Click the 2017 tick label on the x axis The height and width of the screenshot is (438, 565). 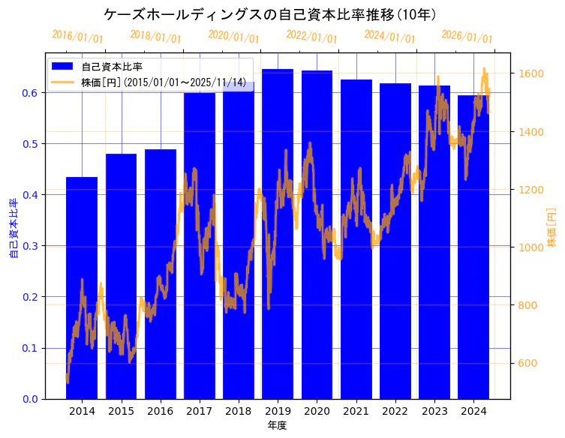(199, 411)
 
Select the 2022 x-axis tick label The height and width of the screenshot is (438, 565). (395, 411)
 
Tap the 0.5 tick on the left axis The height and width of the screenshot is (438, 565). (31, 144)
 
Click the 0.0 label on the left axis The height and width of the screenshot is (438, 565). (31, 399)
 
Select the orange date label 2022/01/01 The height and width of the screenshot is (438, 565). (311, 37)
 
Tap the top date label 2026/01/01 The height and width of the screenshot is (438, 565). (467, 37)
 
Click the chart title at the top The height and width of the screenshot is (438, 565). (270, 14)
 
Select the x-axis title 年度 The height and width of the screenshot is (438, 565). (277, 425)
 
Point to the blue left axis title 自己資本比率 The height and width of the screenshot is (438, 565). (14, 229)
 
